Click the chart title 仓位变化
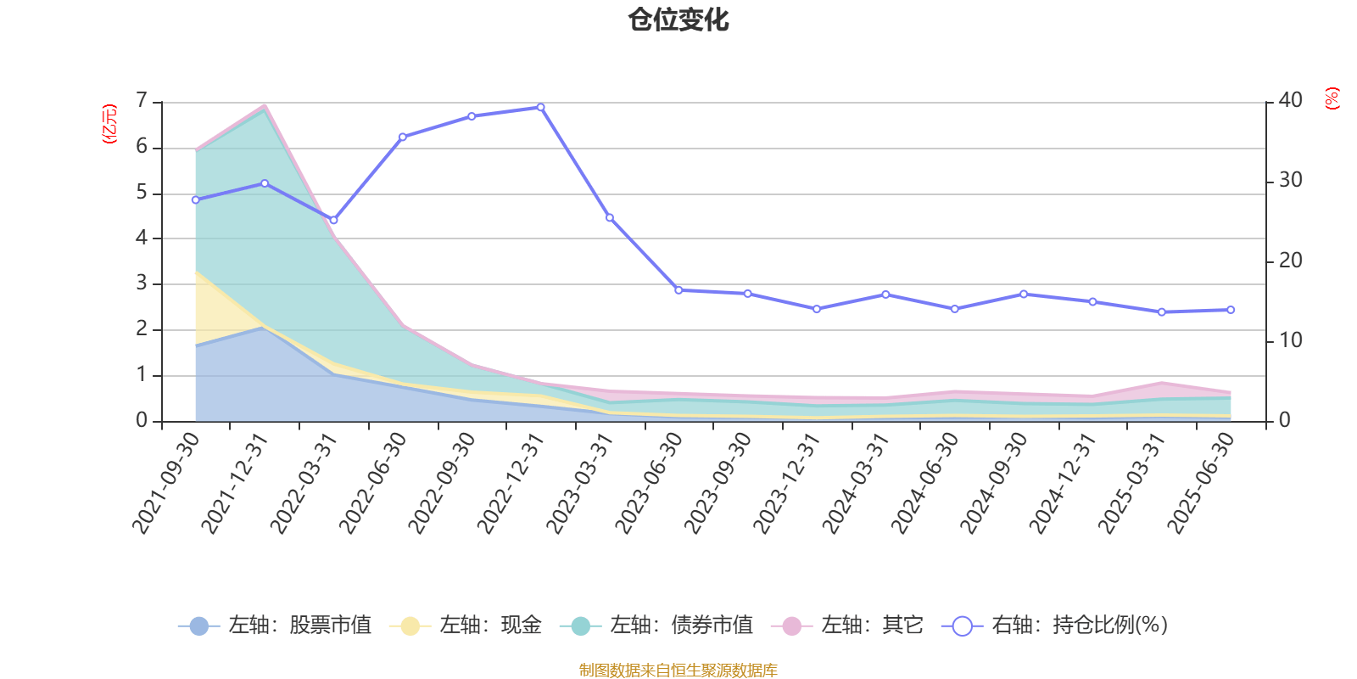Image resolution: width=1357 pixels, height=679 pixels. point(678,20)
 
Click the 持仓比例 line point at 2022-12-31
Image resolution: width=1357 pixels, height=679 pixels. point(540,108)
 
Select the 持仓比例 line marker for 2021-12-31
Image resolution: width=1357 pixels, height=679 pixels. point(265,183)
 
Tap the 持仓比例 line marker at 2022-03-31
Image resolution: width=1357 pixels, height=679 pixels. point(333,221)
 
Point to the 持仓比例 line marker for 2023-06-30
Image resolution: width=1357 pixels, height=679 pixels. point(678,290)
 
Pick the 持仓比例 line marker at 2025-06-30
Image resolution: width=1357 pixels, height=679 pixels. point(1231,310)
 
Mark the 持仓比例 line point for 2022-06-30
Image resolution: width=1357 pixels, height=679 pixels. point(403,137)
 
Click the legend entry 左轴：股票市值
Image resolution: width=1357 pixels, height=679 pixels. point(275,626)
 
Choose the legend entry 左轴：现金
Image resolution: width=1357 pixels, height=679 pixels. point(466,626)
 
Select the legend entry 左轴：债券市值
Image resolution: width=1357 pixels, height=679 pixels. point(656,626)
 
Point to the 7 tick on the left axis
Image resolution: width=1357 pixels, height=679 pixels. point(142,101)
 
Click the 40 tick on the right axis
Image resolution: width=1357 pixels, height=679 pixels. point(1290,100)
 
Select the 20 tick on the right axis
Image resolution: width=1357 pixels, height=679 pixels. point(1290,261)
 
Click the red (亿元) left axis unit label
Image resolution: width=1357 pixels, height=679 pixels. point(109,124)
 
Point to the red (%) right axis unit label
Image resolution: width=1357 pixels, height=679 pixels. point(1332,98)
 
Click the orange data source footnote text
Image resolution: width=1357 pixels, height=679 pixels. point(678,671)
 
